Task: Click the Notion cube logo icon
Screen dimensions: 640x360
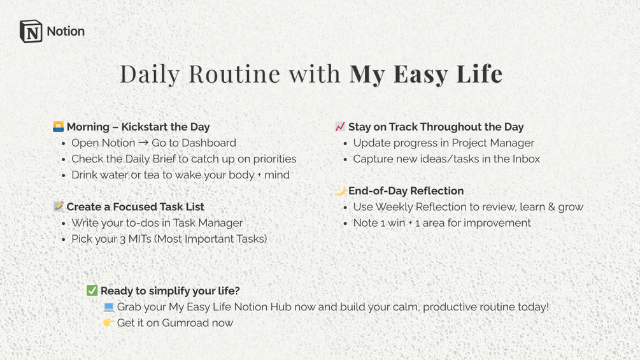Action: [31, 31]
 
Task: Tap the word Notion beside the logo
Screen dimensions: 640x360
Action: [66, 31]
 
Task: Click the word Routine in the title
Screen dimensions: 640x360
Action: [234, 74]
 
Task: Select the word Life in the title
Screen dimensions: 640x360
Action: [479, 74]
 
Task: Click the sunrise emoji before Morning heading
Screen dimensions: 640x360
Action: [59, 127]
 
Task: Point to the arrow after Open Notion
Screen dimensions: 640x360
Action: [143, 143]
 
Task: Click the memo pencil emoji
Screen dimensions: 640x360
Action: [59, 206]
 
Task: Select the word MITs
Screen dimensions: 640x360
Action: [139, 239]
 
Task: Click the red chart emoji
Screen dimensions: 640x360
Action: [340, 127]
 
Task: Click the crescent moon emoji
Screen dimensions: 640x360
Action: [341, 191]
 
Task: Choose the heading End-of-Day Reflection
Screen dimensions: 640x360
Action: [406, 191]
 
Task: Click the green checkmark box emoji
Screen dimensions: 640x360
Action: [92, 291]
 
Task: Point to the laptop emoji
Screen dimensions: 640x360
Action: [108, 307]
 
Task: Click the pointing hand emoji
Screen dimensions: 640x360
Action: [108, 323]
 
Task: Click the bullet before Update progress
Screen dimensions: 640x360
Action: [345, 143]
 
